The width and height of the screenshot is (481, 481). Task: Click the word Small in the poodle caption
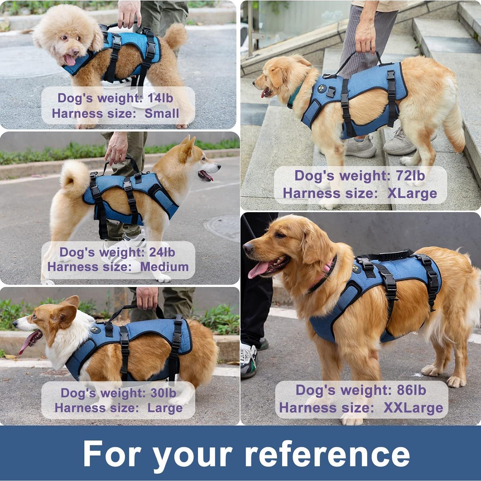tap(162, 113)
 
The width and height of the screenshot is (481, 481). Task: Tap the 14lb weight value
tap(160, 98)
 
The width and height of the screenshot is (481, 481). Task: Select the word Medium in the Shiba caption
tap(164, 266)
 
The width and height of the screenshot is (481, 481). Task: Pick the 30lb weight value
tap(163, 393)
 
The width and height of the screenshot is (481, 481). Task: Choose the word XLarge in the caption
tap(412, 193)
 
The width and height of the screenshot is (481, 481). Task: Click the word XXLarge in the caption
tap(413, 408)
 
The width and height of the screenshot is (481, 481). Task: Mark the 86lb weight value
tap(411, 390)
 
